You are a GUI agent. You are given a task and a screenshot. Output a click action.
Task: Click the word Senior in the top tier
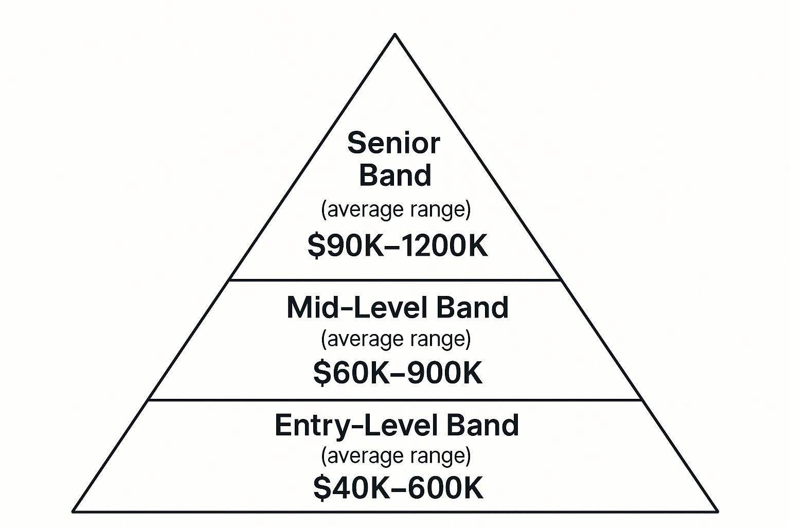click(x=393, y=143)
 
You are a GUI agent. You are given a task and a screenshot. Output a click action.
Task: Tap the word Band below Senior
click(x=395, y=175)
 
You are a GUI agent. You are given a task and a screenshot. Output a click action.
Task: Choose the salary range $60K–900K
click(x=398, y=373)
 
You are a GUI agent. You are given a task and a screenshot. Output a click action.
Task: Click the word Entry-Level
click(x=355, y=426)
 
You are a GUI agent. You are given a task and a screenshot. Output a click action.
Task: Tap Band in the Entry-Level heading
click(x=483, y=425)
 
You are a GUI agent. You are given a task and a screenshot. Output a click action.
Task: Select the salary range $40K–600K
click(x=398, y=487)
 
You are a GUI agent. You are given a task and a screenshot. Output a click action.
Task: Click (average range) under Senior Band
click(x=396, y=210)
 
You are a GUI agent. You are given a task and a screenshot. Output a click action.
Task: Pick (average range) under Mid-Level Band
click(x=396, y=339)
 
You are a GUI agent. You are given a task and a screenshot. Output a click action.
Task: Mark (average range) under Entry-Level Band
click(x=396, y=456)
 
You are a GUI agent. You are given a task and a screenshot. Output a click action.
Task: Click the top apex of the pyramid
click(x=395, y=34)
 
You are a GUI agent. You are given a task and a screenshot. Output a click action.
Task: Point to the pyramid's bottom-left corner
click(x=74, y=511)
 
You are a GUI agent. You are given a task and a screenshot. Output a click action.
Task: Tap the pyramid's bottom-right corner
click(x=717, y=511)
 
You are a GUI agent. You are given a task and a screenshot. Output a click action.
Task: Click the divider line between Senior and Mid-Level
click(x=395, y=280)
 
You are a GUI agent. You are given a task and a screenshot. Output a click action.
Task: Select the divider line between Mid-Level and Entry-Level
click(x=395, y=400)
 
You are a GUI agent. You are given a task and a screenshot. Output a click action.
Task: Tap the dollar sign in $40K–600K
click(x=321, y=487)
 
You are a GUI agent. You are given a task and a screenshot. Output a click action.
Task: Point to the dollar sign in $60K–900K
click(x=321, y=373)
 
